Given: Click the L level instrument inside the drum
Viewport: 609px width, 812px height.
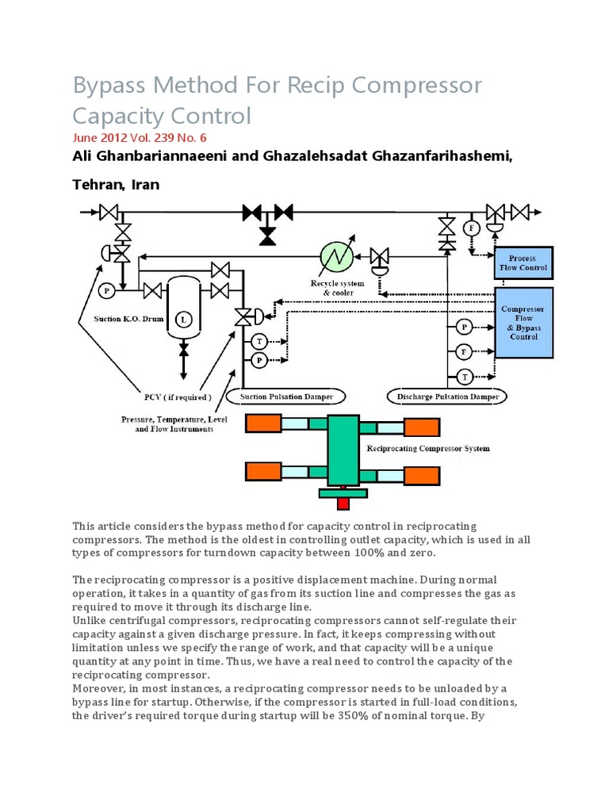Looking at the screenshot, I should point(183,320).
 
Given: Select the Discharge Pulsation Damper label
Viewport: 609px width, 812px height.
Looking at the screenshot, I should point(447,395).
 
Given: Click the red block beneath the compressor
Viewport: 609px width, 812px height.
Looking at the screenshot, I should point(343,504).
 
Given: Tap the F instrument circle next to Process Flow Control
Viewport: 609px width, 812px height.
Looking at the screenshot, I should point(472,228).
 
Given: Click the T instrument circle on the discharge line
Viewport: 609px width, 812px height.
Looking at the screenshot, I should point(465,376).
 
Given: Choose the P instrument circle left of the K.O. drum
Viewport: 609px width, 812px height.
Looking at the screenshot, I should point(105,292).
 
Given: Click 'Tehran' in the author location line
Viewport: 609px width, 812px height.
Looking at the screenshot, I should point(96,184).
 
